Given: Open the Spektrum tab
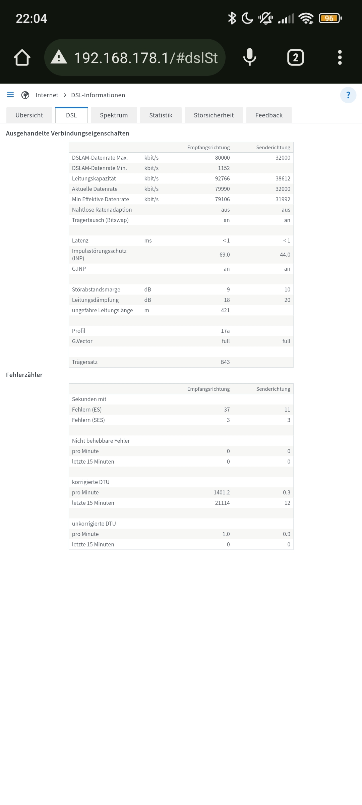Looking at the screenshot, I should point(114,115).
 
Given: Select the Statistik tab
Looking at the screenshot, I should point(161,115).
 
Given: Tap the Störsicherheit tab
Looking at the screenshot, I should point(214,115).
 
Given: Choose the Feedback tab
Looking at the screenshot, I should point(269,115).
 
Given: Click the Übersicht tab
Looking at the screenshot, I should point(29,115).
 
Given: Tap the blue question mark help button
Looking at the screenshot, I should point(348,95).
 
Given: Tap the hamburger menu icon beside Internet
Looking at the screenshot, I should point(10,95).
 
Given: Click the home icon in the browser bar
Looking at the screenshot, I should point(22,57).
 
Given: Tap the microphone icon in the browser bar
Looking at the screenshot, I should point(249,57).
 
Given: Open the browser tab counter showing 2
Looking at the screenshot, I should point(295,57).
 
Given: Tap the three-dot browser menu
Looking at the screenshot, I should point(340,57).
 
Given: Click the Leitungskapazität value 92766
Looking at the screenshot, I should point(222,178).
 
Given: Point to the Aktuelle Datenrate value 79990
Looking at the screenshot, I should point(222,189).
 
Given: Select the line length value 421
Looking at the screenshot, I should point(225,310).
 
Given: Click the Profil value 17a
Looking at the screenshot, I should point(225,331).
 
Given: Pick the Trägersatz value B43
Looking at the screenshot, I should point(225,362).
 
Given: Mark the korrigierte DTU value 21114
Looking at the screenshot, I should point(222,503).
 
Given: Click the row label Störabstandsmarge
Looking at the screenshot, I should point(96,289).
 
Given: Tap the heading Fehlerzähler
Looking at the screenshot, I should point(24,375).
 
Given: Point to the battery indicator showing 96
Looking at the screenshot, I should point(330,18).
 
